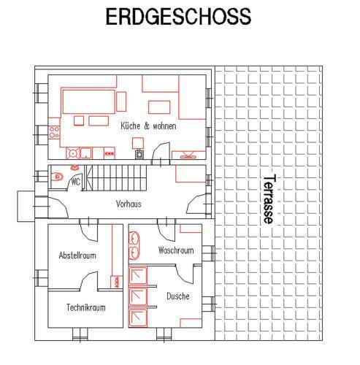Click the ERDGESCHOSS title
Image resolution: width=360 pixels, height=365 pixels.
pos(178,16)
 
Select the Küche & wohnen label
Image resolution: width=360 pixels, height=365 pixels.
pos(148,126)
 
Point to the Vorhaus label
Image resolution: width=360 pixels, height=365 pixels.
pos(129,204)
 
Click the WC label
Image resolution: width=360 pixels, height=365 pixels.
pos(76,182)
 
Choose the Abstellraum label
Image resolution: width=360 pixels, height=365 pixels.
pos(77,255)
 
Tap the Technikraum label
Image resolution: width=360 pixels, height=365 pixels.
pos(86,307)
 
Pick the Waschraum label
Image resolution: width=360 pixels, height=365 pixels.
pos(176,250)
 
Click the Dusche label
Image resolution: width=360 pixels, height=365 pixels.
pos(178,296)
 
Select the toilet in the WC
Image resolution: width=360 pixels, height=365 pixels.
pos(57,177)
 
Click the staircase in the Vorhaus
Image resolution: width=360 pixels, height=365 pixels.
pos(116,178)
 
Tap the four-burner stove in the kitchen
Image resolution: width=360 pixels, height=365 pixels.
pos(54,132)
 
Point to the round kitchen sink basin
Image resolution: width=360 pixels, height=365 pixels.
pos(72,153)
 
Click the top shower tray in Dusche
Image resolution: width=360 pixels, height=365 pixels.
pos(138,275)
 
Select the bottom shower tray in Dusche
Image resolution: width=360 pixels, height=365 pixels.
pos(138,318)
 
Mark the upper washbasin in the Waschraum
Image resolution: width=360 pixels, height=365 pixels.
pos(134,238)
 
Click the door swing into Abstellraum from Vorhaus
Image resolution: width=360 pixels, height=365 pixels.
pos(89,231)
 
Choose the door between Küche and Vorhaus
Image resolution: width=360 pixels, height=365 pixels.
pos(161,153)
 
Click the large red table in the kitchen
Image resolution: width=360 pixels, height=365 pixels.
pos(88,101)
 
